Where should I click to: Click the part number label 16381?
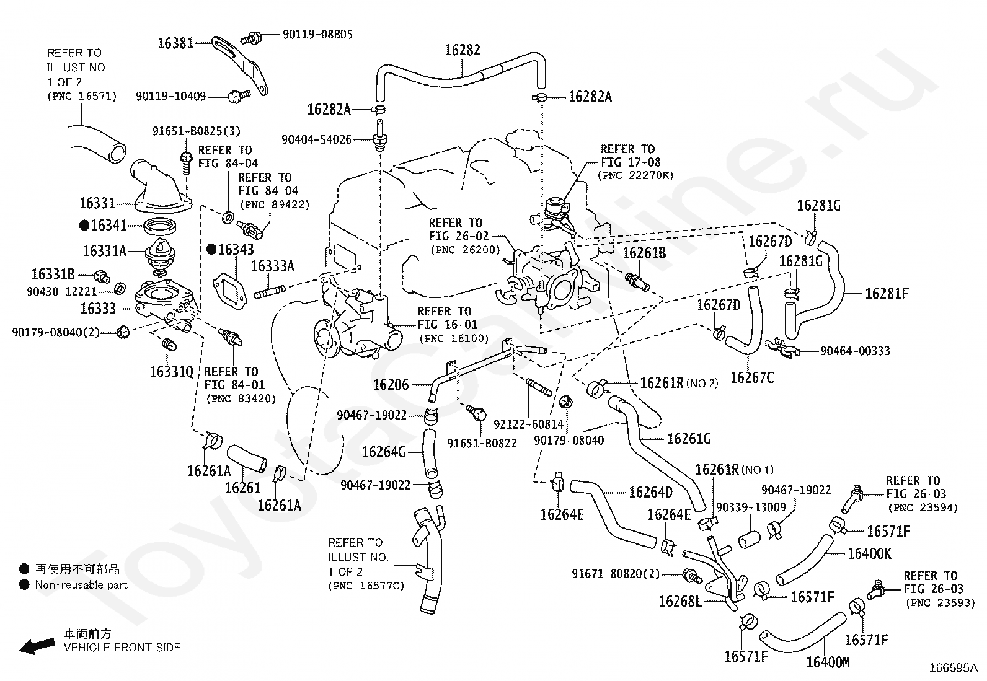pos(175,43)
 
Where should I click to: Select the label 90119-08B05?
pos(317,34)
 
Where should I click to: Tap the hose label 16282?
pos(463,50)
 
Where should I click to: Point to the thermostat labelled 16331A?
pos(161,255)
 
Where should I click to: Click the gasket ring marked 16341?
pos(160,227)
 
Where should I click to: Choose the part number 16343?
pos(236,250)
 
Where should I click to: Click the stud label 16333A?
pos(273,266)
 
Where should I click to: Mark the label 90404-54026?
pos(316,139)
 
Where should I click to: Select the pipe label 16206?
pos(391,385)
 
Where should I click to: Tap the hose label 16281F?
pos(887,293)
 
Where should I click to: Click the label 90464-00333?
pos(855,351)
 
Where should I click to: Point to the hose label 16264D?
pos(650,492)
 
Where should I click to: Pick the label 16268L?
pos(680,601)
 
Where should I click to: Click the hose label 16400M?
pos(828,662)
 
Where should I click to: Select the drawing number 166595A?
pos(953,668)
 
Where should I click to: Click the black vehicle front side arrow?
pos(37,646)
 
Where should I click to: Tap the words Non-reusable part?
pos(81,585)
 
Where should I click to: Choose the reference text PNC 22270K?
pos(635,175)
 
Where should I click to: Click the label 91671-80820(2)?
pos(616,574)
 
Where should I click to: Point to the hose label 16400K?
pos(869,554)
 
